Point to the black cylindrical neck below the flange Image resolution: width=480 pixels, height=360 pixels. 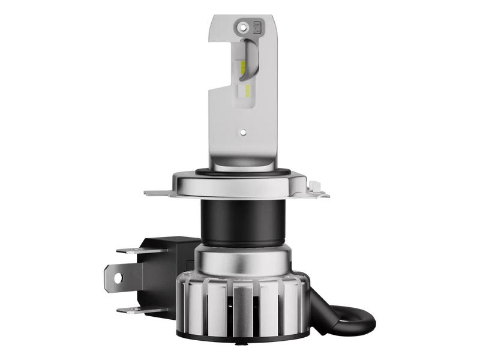pyautogui.click(x=243, y=222)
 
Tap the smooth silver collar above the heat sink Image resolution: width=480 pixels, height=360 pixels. pyautogui.click(x=243, y=258)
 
